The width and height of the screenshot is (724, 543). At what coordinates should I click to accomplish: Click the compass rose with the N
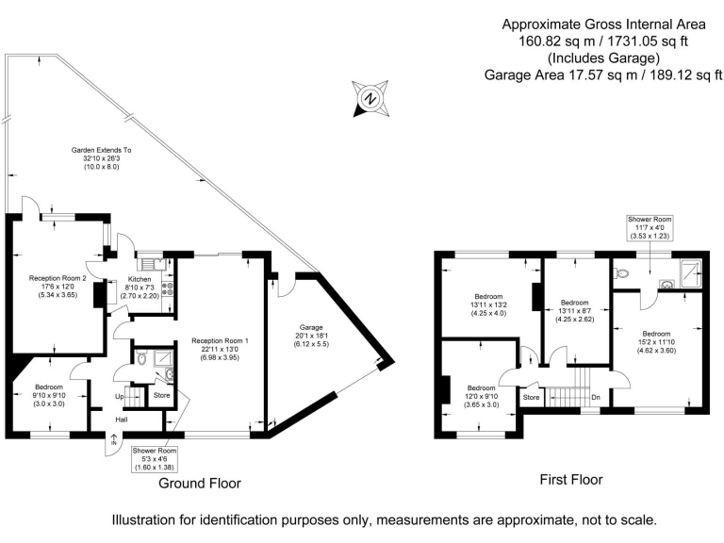point(370,98)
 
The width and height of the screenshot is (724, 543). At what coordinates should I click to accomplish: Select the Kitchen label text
point(140,279)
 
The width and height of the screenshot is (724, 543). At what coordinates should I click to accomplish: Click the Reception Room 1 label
point(220,340)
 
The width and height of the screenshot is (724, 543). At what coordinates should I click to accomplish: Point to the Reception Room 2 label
point(58,278)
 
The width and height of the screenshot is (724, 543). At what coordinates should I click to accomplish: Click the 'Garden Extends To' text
point(101,150)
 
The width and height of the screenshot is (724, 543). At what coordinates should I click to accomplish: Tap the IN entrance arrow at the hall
point(113,439)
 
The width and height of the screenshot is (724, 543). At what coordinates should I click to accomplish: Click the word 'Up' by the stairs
point(120,397)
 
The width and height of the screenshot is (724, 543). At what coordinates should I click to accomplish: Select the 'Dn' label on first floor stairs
point(596,397)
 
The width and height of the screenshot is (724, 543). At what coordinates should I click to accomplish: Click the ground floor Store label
point(161,395)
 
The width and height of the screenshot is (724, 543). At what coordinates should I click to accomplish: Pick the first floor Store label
point(532,397)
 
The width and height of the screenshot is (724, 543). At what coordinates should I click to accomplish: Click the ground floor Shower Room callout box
point(155,459)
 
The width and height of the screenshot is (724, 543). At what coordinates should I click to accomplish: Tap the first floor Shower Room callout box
point(650,227)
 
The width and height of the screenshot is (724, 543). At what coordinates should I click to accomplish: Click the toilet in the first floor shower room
point(621,273)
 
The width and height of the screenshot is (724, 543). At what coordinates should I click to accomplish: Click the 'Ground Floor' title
point(200,484)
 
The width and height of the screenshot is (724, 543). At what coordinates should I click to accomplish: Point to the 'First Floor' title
point(571,480)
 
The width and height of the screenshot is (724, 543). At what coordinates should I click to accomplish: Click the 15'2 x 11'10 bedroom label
point(656,341)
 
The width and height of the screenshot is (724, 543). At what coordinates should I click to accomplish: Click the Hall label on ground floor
point(122,420)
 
